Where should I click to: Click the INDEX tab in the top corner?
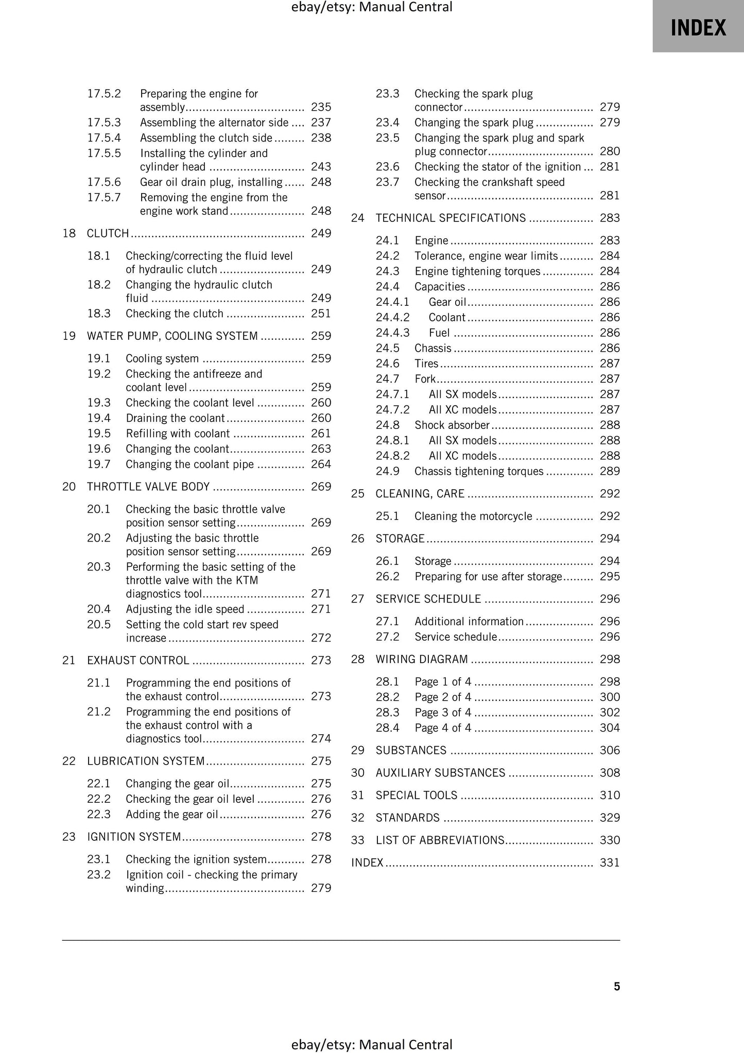point(698,27)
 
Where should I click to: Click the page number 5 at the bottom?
point(616,986)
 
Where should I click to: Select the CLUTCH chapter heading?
point(108,233)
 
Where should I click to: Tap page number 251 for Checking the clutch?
point(321,314)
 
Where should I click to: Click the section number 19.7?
point(98,464)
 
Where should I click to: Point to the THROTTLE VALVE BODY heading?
point(148,487)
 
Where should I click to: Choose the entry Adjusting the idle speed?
point(185,609)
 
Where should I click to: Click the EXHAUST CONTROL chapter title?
point(138,660)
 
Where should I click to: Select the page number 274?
point(321,738)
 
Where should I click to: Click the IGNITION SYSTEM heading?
point(134,837)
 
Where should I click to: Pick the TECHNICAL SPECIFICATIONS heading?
point(451,218)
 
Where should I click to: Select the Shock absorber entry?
point(452,425)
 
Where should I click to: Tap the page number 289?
point(610,471)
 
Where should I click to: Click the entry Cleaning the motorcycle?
point(473,516)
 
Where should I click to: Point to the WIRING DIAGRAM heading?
point(422,659)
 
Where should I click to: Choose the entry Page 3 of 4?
point(442,712)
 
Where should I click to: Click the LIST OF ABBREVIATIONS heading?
point(440,840)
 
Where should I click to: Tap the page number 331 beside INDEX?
point(610,862)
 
